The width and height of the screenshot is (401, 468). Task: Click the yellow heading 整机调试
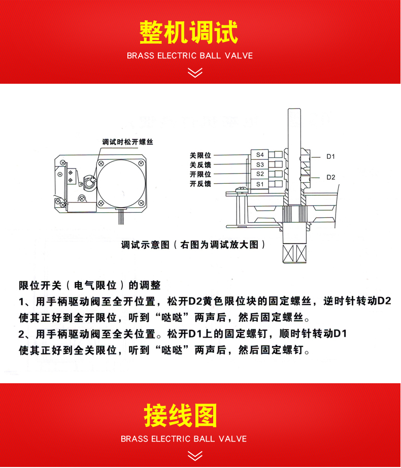(x=188, y=32)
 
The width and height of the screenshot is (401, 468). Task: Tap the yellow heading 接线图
(x=181, y=416)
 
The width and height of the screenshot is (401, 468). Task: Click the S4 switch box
(x=259, y=155)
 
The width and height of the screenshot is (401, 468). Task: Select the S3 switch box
(x=259, y=164)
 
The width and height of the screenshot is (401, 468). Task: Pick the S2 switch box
(x=259, y=174)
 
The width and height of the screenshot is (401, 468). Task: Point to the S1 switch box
(x=259, y=184)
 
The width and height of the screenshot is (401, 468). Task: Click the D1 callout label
(x=330, y=157)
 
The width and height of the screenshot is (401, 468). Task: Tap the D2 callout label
(x=330, y=177)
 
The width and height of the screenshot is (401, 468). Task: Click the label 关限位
(x=200, y=155)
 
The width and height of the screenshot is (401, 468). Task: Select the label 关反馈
(x=200, y=164)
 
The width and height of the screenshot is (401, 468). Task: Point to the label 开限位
(x=200, y=174)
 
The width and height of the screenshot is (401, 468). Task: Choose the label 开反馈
(x=200, y=184)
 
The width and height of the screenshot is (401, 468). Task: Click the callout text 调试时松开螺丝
(x=127, y=142)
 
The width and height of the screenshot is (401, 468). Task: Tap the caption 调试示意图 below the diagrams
(x=145, y=245)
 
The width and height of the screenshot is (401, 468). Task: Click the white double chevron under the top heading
(x=195, y=73)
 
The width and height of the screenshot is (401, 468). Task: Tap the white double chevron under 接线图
(x=195, y=456)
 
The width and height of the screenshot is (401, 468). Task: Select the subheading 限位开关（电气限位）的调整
(x=89, y=285)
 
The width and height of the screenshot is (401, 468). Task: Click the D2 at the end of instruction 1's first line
(x=384, y=301)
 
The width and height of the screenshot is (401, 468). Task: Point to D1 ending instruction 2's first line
(x=340, y=333)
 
